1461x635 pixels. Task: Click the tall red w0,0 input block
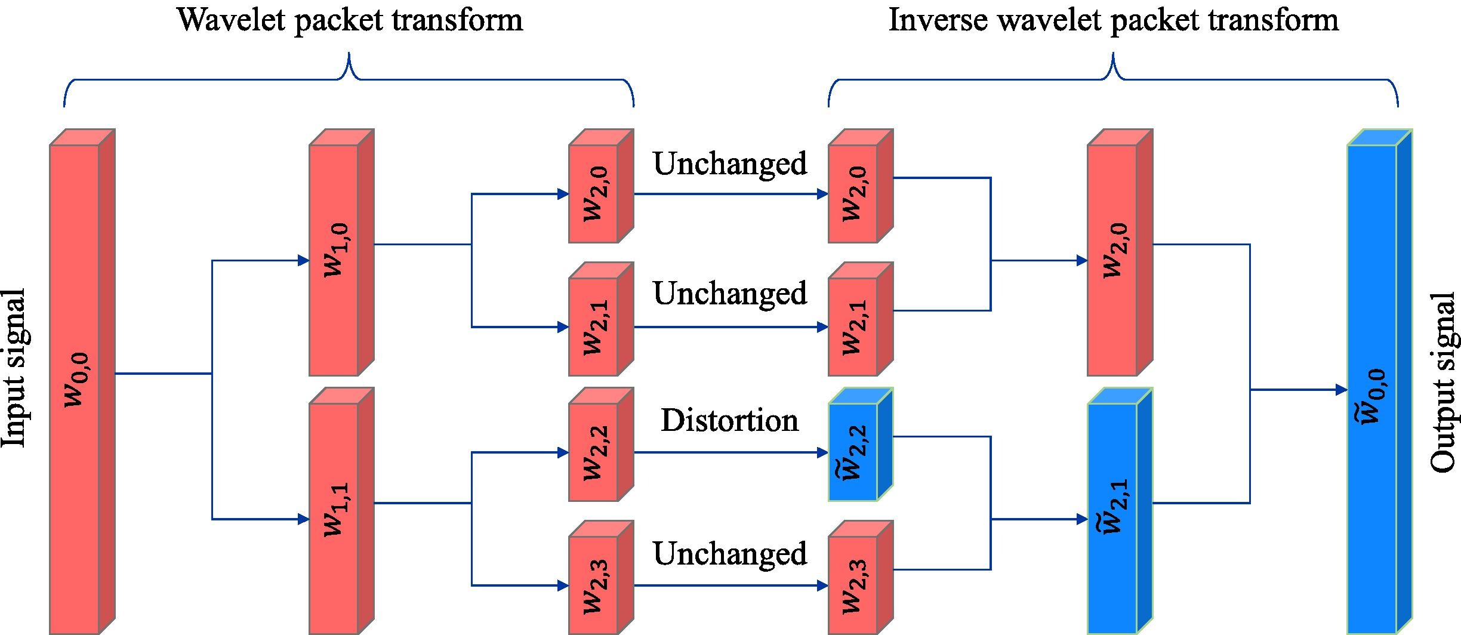point(82,382)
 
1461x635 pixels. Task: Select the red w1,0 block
point(341,252)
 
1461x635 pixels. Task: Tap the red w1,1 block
point(341,511)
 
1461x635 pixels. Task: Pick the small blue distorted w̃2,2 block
point(860,445)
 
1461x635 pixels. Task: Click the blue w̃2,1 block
point(1120,511)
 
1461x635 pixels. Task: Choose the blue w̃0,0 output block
point(1379,382)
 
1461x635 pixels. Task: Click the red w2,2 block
point(601,445)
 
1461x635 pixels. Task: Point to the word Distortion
point(729,420)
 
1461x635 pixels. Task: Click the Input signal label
point(14,368)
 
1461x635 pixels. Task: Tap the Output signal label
point(1445,383)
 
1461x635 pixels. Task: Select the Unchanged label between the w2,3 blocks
point(730,553)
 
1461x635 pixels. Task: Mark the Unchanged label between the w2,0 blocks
point(730,163)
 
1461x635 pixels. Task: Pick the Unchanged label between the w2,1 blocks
point(730,292)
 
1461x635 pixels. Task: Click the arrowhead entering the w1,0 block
point(303,260)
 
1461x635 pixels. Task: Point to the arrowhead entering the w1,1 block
point(303,519)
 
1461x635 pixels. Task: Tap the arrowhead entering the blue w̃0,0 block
point(1341,390)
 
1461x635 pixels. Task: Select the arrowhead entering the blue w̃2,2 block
point(822,453)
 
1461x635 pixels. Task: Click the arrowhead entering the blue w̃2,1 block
point(1081,519)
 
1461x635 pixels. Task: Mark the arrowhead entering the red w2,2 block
point(563,453)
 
